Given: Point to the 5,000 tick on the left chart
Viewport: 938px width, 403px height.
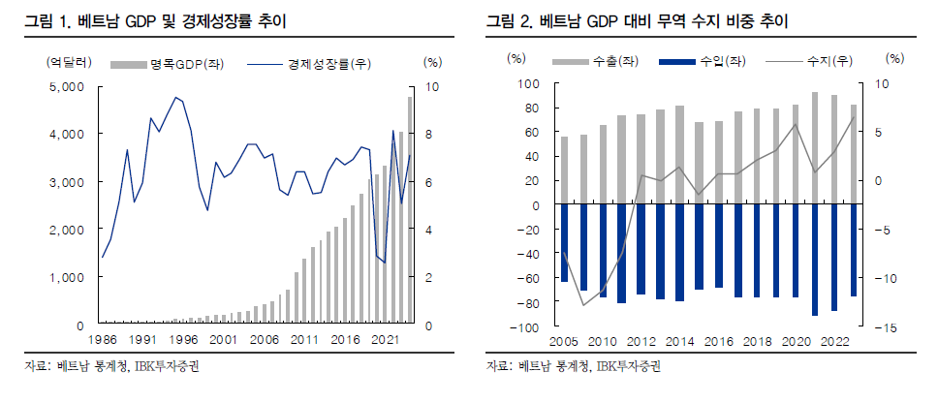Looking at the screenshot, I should point(67,87).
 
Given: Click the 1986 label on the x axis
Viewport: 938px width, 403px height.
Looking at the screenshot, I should point(102,340).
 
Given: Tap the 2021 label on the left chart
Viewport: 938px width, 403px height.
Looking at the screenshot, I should point(385,340).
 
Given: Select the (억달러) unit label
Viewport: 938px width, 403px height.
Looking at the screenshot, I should point(69,63).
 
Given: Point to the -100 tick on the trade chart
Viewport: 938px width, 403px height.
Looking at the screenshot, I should point(526,327).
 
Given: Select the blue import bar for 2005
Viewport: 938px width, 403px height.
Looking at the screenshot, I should point(564,243).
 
